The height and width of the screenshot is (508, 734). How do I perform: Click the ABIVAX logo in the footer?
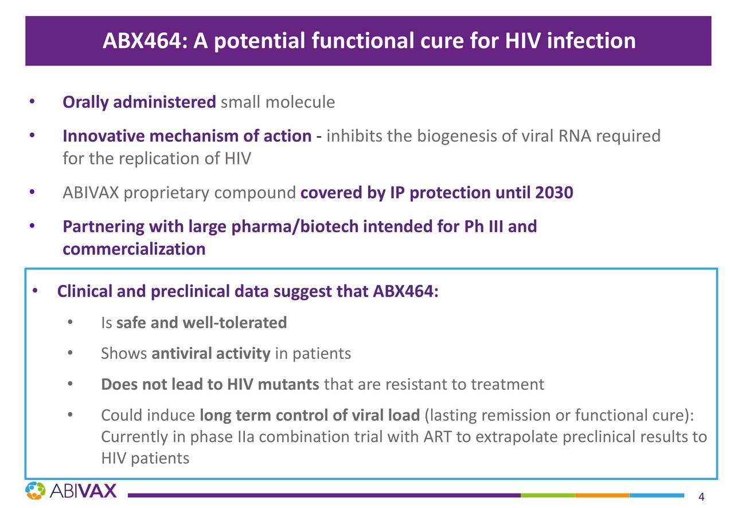[71, 490]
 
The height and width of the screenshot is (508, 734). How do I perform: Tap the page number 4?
[701, 497]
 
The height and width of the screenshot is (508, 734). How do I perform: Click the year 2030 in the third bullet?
[554, 193]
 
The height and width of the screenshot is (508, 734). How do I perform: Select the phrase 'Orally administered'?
[139, 103]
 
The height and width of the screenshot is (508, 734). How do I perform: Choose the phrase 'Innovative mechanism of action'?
[186, 136]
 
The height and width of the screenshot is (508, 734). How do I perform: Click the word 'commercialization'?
[134, 249]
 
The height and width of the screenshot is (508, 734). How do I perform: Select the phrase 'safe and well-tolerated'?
[201, 323]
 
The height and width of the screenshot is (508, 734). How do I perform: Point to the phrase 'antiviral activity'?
[210, 353]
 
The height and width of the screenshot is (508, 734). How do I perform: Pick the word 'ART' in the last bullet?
[438, 437]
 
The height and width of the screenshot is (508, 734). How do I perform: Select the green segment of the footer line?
[548, 495]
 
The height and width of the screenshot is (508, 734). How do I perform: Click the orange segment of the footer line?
[602, 495]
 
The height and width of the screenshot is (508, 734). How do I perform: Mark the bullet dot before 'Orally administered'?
[33, 102]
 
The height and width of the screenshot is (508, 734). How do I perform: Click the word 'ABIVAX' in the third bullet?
[91, 193]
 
